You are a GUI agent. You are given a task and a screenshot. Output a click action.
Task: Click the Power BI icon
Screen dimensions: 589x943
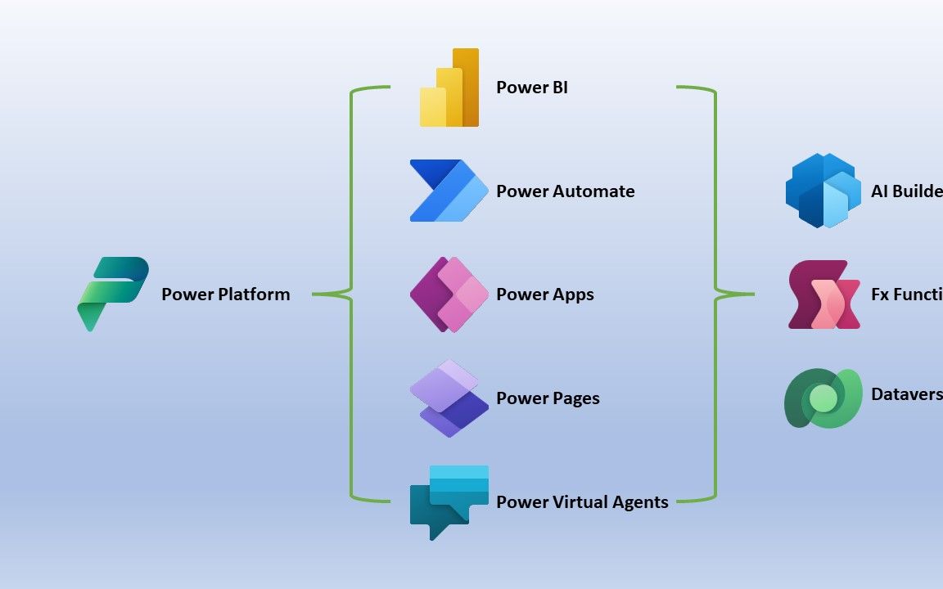pos(449,88)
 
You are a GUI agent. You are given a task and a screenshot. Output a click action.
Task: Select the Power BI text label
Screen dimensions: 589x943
pos(531,88)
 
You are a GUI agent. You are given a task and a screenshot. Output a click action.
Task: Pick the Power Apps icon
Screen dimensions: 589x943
pos(449,294)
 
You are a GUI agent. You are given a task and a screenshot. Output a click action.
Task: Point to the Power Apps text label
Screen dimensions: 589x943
pos(544,294)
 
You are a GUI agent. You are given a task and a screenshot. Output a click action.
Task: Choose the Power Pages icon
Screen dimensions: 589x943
pos(449,398)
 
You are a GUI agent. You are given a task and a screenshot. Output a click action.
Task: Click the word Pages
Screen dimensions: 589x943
pos(574,398)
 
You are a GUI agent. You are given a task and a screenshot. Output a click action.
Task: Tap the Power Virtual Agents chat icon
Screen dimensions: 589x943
pos(449,501)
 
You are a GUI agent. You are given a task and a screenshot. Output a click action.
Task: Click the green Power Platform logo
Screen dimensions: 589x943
pos(113,294)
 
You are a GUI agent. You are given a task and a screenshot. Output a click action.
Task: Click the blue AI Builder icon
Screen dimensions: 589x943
pos(823,191)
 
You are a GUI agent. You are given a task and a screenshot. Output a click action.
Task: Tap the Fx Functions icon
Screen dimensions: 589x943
pos(823,294)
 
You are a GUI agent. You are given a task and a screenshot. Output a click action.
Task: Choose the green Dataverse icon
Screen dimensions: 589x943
pos(823,398)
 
